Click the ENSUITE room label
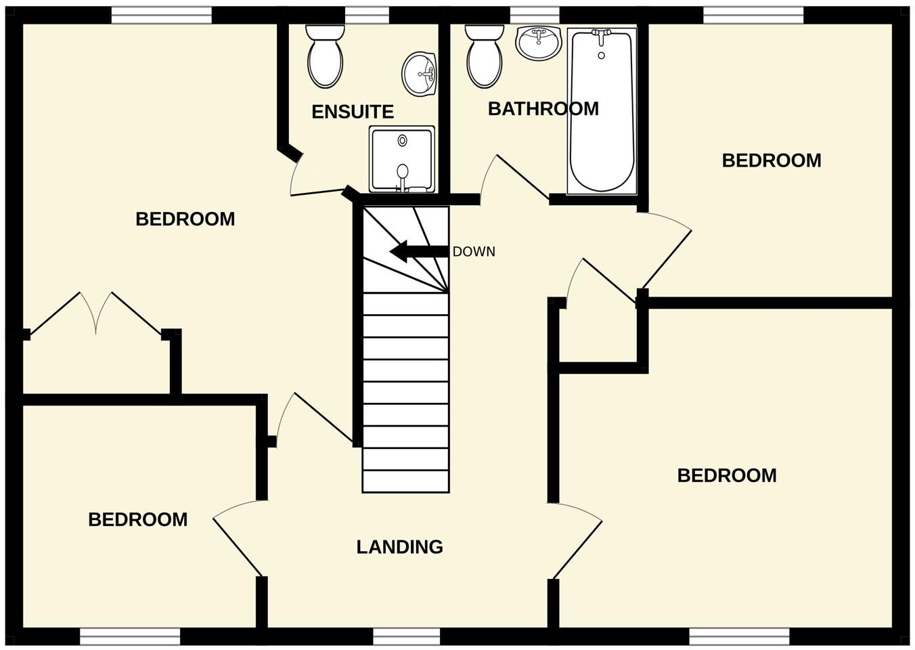(x=352, y=112)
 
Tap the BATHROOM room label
(x=543, y=109)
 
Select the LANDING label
(x=399, y=547)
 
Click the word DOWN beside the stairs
(x=474, y=252)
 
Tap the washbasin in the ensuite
(x=420, y=73)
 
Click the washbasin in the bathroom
(x=539, y=43)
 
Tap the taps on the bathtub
(x=601, y=33)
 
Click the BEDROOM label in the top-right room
(x=772, y=161)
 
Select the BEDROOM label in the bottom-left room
(x=137, y=520)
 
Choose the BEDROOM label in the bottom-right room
(x=727, y=475)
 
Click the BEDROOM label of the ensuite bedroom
(x=185, y=219)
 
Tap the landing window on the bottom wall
(x=406, y=636)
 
